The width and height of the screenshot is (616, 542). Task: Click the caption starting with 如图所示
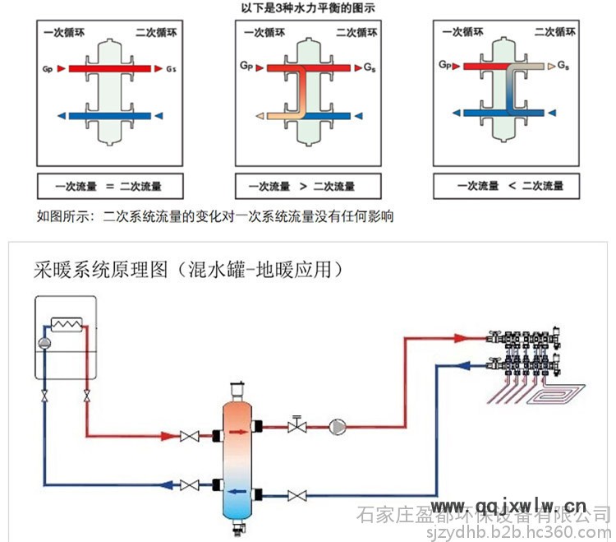coord(215,217)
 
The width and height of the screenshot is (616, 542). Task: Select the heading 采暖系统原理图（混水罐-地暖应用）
coord(188,269)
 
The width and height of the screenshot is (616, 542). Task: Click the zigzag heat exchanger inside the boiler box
coord(67,323)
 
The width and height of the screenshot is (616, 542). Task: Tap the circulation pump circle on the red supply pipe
coord(338,426)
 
